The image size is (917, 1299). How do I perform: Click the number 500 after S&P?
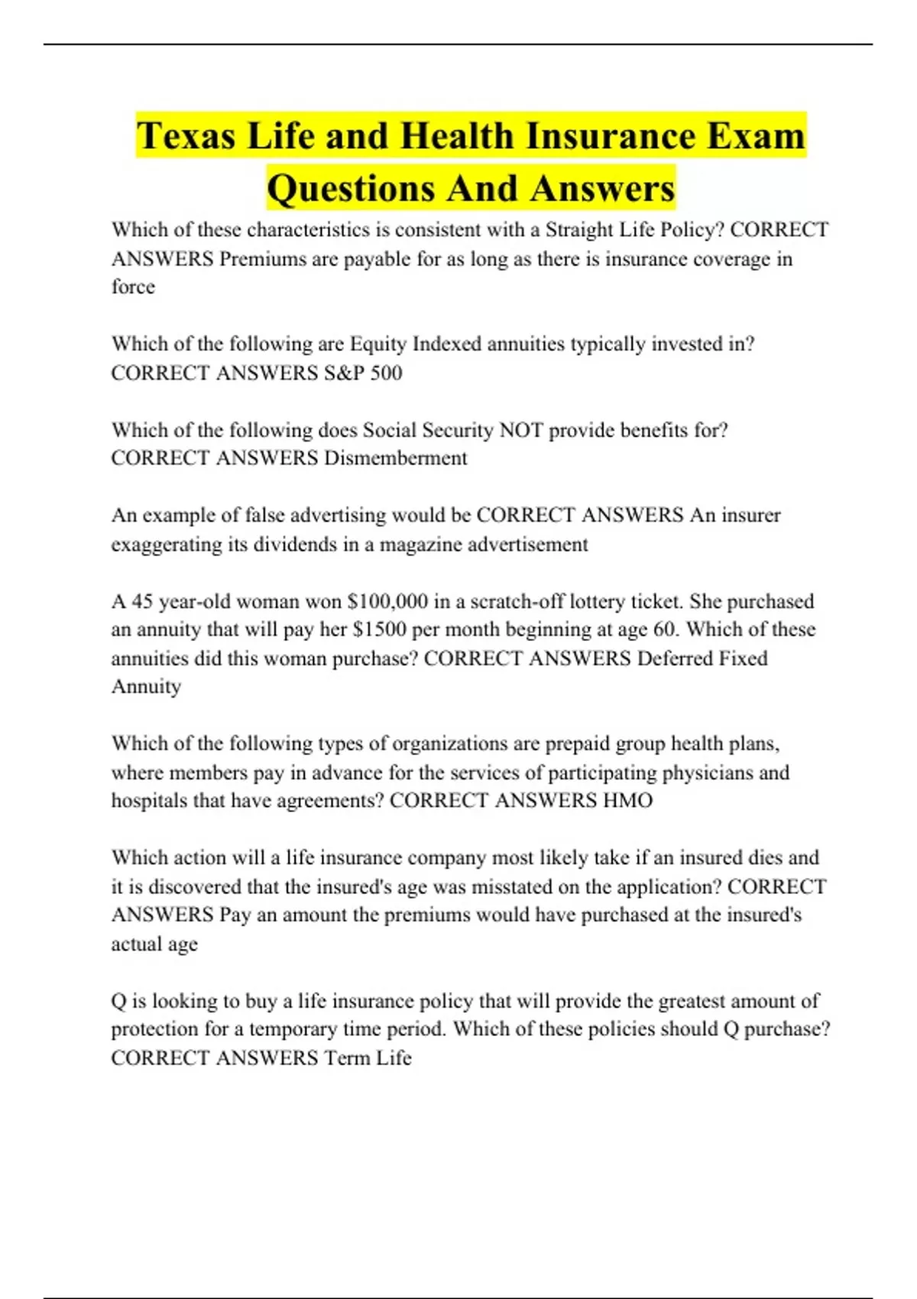point(386,373)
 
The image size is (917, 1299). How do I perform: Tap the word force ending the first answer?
point(133,287)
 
